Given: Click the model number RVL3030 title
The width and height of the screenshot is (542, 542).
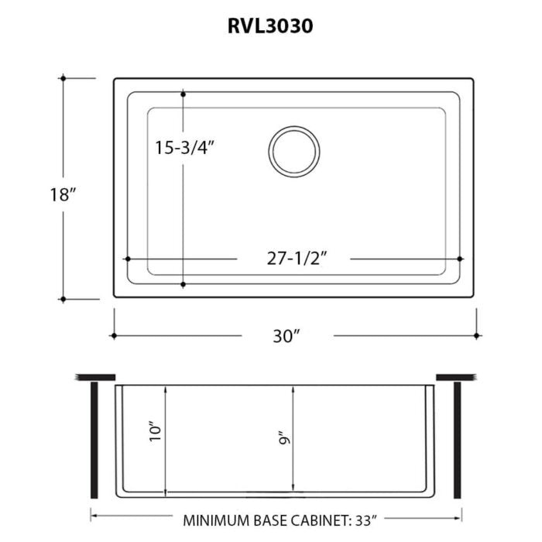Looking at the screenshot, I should coord(270,26).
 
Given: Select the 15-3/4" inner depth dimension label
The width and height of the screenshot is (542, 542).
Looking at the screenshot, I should coord(184,147).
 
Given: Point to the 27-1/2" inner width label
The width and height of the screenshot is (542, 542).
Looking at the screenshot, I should coord(293,259).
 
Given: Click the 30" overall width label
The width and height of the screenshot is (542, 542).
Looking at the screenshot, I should coord(286,336).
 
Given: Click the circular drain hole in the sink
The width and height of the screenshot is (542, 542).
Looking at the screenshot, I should coord(294,149).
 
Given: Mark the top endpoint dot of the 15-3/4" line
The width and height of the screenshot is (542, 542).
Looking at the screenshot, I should coord(183,93).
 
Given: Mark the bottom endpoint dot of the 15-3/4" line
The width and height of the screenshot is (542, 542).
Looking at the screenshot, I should coord(183,284).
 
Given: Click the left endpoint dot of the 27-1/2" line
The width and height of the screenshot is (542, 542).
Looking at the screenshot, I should coord(126,259).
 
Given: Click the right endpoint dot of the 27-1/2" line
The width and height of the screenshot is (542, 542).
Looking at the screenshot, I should coord(460,259).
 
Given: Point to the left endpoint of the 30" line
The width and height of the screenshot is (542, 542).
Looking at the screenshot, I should coord(114,335).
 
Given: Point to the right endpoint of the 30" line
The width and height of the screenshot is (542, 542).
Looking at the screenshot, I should coord(475,335).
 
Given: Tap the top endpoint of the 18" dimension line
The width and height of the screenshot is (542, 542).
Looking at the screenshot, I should coord(62,78).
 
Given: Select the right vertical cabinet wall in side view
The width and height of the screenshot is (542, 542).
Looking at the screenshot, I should coord(458,441).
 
